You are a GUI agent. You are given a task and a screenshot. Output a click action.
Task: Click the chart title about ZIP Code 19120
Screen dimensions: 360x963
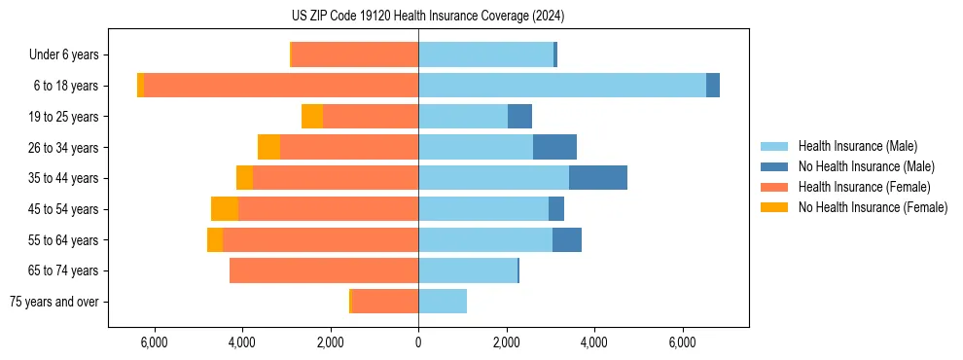481,17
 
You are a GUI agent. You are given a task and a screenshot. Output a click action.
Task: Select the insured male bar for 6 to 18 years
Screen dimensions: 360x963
562,86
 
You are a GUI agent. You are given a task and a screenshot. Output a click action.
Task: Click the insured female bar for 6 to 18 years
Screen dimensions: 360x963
281,86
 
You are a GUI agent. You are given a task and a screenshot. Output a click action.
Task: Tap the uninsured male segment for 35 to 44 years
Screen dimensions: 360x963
598,178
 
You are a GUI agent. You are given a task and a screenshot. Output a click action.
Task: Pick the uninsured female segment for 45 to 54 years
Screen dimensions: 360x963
225,209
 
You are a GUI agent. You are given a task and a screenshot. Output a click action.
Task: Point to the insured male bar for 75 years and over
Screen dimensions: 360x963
443,302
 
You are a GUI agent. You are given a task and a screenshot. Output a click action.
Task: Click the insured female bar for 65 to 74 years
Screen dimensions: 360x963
324,270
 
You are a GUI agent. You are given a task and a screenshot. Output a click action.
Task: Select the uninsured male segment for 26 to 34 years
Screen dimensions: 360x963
554,147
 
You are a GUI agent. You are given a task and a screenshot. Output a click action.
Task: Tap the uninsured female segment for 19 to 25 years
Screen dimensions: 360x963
312,117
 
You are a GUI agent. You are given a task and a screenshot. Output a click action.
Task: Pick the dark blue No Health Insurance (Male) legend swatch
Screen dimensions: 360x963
774,166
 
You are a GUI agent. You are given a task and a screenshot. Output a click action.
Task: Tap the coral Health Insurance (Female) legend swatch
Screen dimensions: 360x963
774,187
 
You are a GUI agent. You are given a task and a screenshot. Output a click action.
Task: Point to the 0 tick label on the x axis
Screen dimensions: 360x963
418,342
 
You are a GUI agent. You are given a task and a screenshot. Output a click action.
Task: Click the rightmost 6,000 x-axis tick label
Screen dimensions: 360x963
682,342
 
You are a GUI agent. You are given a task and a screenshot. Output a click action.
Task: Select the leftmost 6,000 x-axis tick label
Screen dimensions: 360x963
155,342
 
